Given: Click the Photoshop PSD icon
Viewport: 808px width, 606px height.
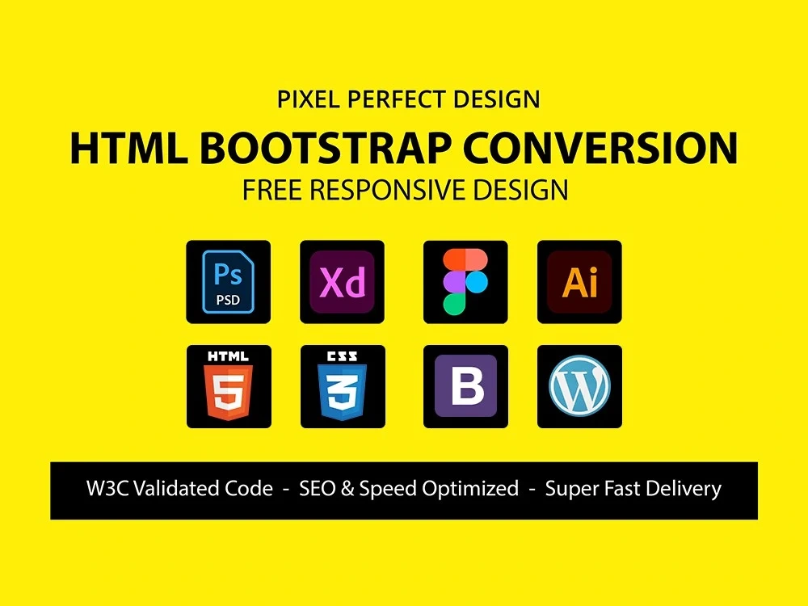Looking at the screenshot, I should [229, 282].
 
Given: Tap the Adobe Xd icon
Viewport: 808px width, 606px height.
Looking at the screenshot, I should [343, 282].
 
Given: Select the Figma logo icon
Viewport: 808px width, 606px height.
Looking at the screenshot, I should [465, 282].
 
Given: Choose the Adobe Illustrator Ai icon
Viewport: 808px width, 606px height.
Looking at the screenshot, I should [579, 282].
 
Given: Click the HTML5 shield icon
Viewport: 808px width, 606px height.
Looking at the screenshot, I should [229, 386].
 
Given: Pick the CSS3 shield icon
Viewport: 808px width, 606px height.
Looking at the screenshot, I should [343, 386].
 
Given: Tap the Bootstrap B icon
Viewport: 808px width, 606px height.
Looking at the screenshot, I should [465, 386].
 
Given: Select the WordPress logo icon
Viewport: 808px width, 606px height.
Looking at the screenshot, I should [579, 386].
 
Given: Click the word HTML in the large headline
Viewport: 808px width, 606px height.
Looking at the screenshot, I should [127, 148].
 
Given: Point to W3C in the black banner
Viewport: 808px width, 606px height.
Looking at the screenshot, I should [108, 489].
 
